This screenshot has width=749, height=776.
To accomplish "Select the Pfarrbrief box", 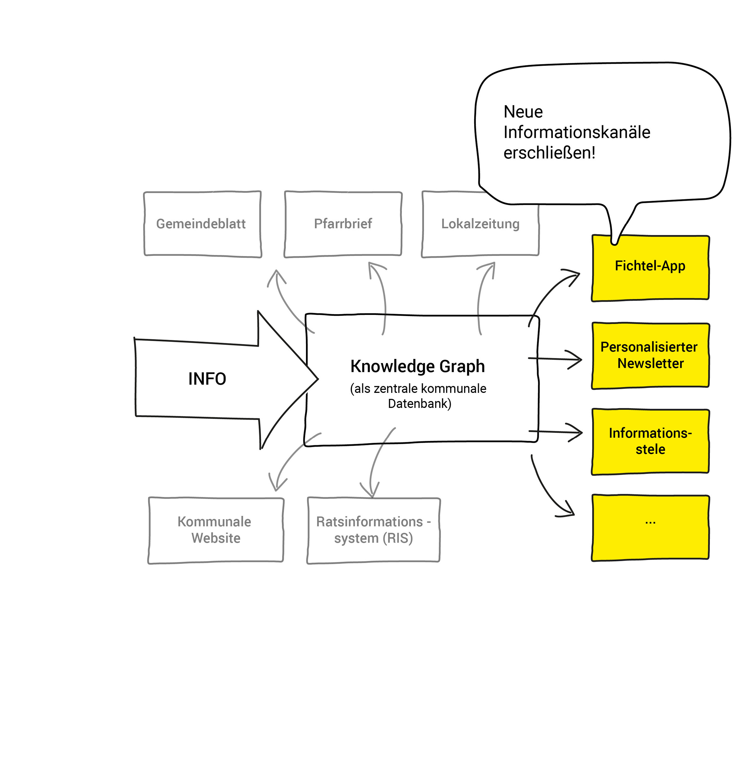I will pyautogui.click(x=343, y=224).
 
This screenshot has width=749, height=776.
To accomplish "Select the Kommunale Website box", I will pyautogui.click(x=216, y=530).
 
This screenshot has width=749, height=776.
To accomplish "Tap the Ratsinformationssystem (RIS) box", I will pyautogui.click(x=373, y=530).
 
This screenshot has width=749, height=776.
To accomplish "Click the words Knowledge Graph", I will pyautogui.click(x=417, y=366).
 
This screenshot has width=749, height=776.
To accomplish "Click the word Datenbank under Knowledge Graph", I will pyautogui.click(x=419, y=404).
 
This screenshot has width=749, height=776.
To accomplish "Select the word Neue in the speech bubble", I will pyautogui.click(x=523, y=112).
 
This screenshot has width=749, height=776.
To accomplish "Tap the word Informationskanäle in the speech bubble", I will pyautogui.click(x=577, y=133).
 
